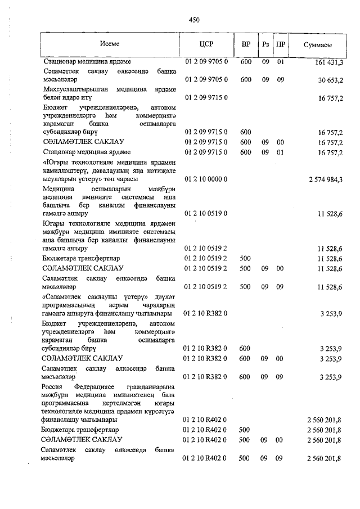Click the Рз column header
[265, 44]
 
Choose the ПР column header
[281, 44]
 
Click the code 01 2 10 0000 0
[205, 179]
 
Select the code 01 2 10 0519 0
[205, 214]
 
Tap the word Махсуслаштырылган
[74, 89]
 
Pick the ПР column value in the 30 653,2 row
[281, 80]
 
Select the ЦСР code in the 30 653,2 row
[205, 80]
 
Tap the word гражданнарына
[148, 388]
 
